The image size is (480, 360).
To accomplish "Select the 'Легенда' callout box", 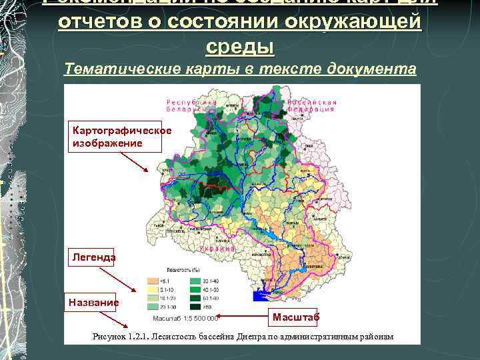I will coord(91,257).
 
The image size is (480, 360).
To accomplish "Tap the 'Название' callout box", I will coord(93,302).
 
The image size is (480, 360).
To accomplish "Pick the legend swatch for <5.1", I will coord(153,282).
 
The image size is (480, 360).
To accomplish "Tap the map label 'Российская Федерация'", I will coord(312,105).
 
